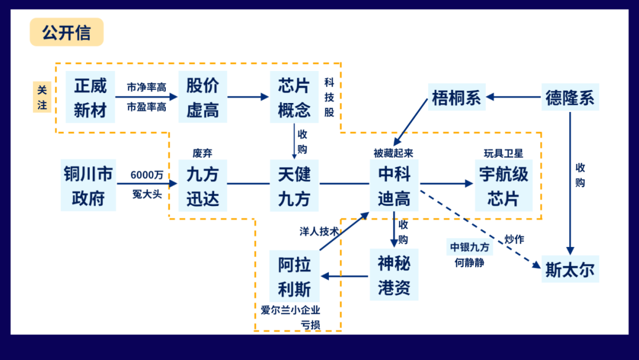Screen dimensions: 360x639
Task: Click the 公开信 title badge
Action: [66, 33]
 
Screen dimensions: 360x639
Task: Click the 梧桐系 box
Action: [456, 97]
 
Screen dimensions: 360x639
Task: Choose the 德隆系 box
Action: [570, 97]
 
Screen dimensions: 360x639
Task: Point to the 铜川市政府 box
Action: [88, 185]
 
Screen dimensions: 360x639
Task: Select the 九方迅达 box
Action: [202, 185]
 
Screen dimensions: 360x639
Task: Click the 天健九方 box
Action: [294, 185]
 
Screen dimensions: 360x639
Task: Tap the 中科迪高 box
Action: [394, 185]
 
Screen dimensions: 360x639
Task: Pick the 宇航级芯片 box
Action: [503, 185]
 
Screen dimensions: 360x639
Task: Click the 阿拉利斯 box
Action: [294, 276]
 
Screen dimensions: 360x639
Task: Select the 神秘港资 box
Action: [394, 276]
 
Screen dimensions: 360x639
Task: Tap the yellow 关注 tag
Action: [42, 97]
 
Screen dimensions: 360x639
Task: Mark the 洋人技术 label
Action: [319, 232]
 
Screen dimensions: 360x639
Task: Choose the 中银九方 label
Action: [469, 247]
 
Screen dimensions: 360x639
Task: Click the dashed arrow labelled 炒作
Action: [479, 228]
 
